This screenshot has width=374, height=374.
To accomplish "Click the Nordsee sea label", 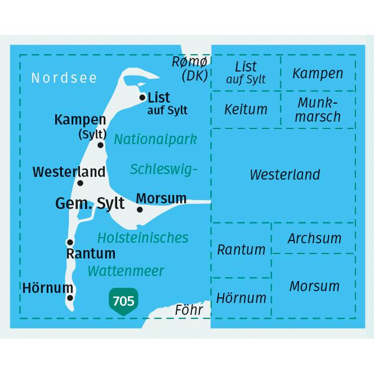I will pyautogui.click(x=64, y=78).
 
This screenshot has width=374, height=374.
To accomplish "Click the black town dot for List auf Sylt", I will pyautogui.click(x=143, y=97).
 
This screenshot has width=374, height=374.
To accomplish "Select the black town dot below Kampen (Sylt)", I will pyautogui.click(x=101, y=145).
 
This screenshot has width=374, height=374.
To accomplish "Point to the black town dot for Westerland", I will pyautogui.click(x=80, y=183).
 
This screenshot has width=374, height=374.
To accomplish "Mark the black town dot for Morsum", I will pyautogui.click(x=140, y=210).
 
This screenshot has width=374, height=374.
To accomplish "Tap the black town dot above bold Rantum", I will pyautogui.click(x=70, y=242).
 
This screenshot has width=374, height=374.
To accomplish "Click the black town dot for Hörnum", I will pyautogui.click(x=70, y=298).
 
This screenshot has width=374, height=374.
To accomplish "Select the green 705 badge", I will pyautogui.click(x=123, y=301).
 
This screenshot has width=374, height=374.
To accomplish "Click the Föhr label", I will pyautogui.click(x=189, y=310).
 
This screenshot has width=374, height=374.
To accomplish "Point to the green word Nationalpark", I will pyautogui.click(x=155, y=139).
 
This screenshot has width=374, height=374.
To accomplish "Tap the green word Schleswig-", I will pyautogui.click(x=164, y=168).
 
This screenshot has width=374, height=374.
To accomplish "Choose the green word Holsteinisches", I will pyautogui.click(x=143, y=237).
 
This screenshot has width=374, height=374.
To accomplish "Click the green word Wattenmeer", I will pyautogui.click(x=126, y=271).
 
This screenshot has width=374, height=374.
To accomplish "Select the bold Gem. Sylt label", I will pyautogui.click(x=90, y=203).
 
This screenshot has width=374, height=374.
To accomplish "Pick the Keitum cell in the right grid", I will pyautogui.click(x=246, y=109).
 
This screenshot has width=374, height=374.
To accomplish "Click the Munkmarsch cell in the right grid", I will pyautogui.click(x=318, y=110).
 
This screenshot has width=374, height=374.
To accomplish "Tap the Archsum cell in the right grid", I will pyautogui.click(x=314, y=238).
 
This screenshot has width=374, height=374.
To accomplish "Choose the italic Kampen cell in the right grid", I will pyautogui.click(x=318, y=73).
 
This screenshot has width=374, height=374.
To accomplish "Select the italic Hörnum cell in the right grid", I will pyautogui.click(x=241, y=297).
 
